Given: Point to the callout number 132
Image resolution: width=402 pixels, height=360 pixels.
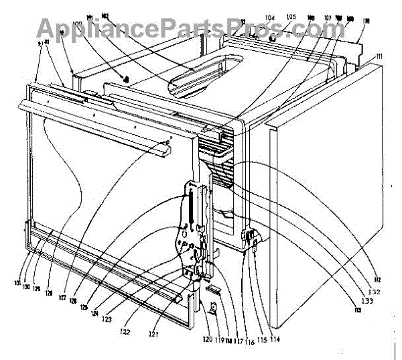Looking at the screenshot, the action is tap(374, 292).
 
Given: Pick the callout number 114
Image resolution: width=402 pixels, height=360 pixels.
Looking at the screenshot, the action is tap(275, 339).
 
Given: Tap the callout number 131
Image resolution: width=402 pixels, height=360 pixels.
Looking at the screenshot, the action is tap(25, 282).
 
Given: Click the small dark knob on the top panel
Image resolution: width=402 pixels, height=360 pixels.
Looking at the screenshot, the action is tap(125, 78).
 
